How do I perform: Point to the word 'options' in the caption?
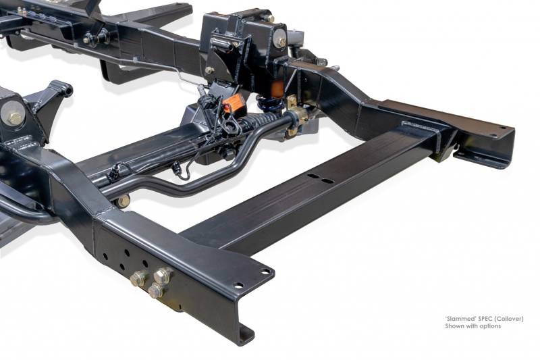click(x=491, y=326)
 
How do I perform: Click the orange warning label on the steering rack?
click(x=234, y=102)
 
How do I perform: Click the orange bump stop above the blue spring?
click(x=277, y=88)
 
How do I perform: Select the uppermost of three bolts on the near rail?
click(x=162, y=276)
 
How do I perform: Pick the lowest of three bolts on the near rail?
click(x=156, y=291)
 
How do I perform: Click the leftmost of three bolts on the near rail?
click(x=138, y=278)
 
